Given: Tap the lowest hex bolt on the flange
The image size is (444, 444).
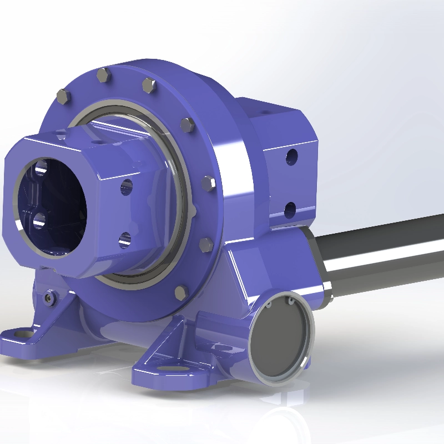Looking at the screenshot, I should [x=181, y=292].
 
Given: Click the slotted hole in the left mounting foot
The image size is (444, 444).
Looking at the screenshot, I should [x=22, y=334].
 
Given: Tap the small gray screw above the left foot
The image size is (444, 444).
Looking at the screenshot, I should [x=51, y=297].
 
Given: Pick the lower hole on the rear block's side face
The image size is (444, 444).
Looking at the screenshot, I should [x=290, y=210].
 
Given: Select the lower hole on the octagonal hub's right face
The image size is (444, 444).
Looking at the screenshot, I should [x=125, y=240].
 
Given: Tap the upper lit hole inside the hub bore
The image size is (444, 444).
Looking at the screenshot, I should [x=41, y=167].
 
